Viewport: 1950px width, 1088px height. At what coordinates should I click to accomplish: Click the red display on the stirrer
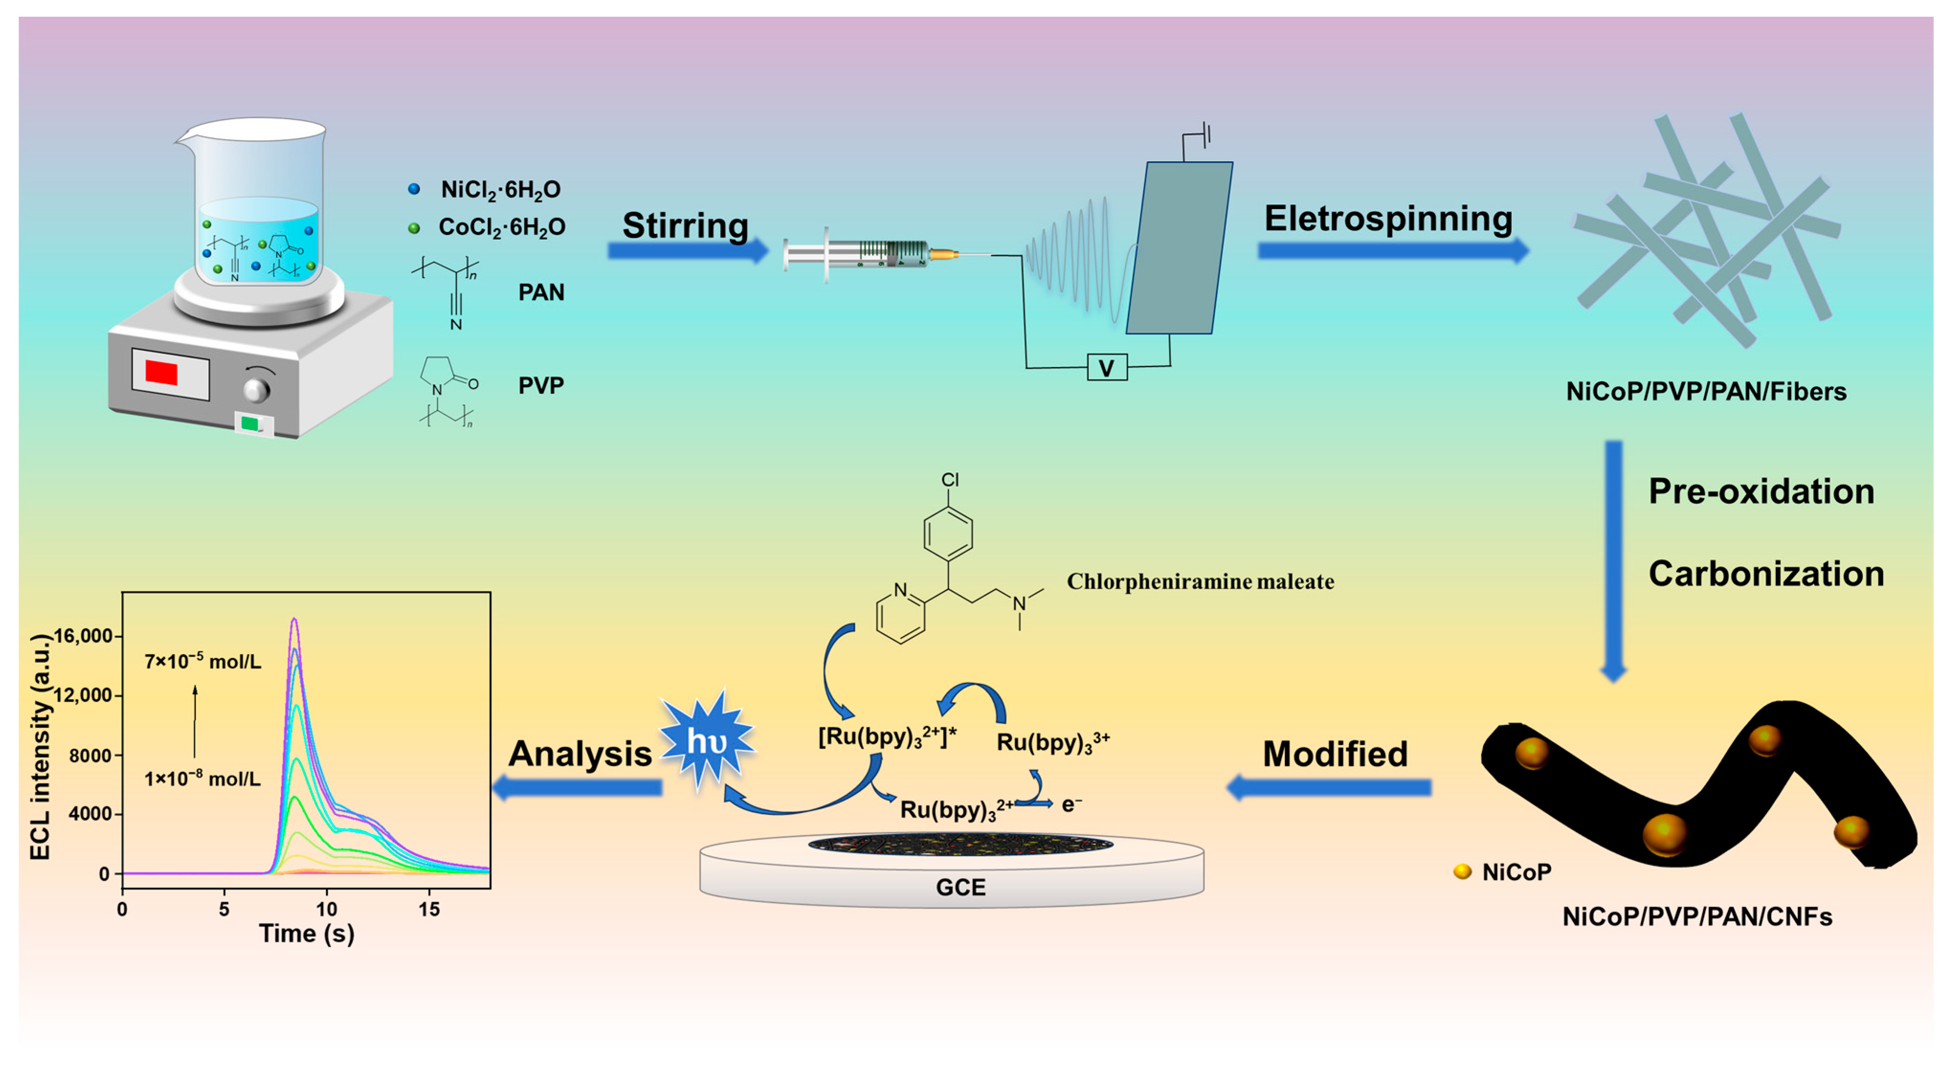tap(161, 373)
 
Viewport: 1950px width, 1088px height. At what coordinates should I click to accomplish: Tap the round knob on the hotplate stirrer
tap(256, 390)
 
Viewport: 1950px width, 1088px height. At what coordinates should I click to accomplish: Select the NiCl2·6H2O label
tap(500, 189)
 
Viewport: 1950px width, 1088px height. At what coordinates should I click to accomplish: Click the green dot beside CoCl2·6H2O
tap(413, 228)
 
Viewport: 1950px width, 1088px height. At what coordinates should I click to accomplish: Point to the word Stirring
tap(685, 226)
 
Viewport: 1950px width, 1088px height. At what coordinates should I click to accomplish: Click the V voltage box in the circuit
tap(1107, 368)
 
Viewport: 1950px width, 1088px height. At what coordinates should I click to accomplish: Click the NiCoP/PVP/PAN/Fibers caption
tap(1706, 391)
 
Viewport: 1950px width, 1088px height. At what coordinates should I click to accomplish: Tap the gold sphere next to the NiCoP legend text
tap(1462, 871)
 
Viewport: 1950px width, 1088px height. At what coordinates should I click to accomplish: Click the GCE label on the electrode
tap(961, 888)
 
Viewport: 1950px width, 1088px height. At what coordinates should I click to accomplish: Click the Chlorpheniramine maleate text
tap(1201, 581)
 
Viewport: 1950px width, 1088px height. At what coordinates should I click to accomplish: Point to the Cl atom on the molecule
tap(950, 479)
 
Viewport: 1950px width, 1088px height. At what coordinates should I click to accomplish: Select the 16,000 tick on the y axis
tap(83, 636)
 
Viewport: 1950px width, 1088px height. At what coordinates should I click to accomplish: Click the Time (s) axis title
tap(307, 933)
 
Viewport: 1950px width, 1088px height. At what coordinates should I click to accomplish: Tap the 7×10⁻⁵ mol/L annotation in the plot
tap(203, 661)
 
